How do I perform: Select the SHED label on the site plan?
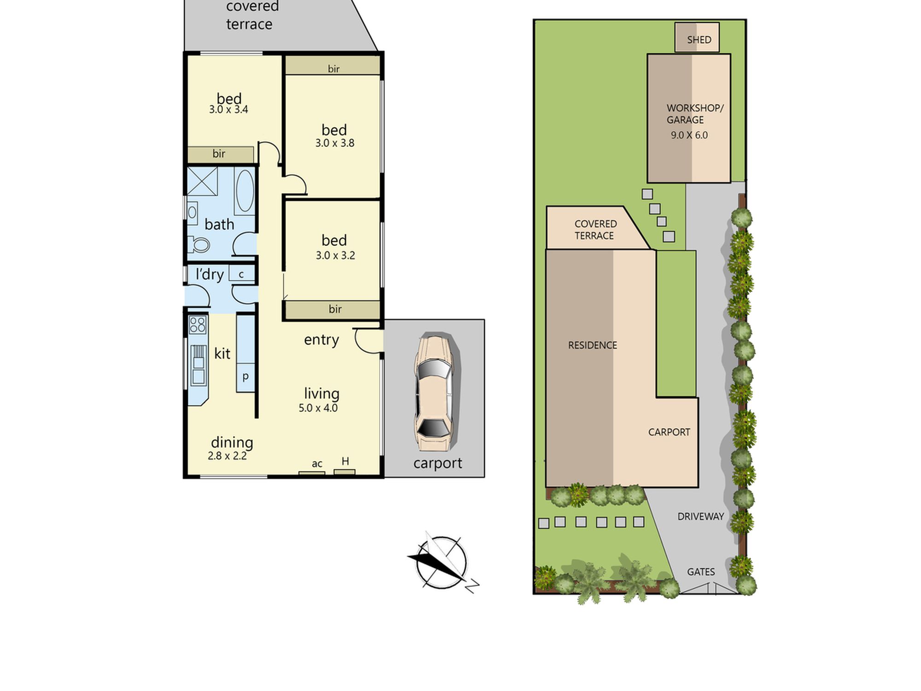click(699, 40)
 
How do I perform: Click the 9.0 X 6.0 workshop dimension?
click(689, 135)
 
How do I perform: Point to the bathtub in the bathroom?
click(245, 191)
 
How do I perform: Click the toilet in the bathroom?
click(199, 245)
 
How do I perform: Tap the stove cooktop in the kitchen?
click(198, 325)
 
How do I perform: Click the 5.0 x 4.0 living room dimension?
click(318, 408)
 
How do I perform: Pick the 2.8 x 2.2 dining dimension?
click(227, 456)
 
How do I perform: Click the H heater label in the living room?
click(345, 461)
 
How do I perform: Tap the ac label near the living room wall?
click(317, 464)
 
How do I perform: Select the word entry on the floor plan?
click(321, 340)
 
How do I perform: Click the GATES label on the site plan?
click(701, 572)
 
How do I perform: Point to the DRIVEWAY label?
click(700, 516)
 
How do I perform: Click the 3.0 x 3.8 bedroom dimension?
click(335, 143)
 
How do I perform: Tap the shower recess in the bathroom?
click(202, 182)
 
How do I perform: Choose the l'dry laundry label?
click(210, 274)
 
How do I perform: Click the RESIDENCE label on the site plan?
click(592, 345)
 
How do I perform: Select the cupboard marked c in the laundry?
click(241, 274)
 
